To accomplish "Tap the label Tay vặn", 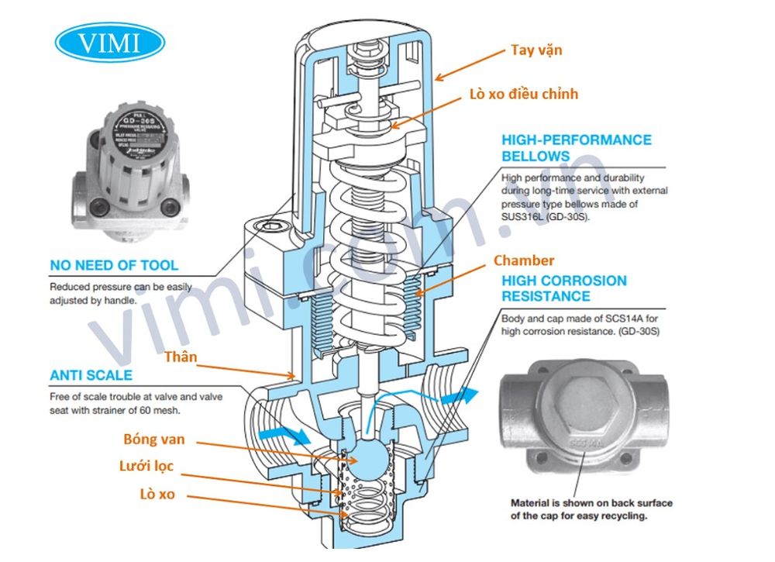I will pyautogui.click(x=536, y=50).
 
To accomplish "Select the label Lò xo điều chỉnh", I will pyautogui.click(x=523, y=95).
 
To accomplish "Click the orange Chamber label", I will pyautogui.click(x=524, y=260).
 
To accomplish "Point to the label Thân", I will pyautogui.click(x=181, y=357).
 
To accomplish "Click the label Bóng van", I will pyautogui.click(x=154, y=439).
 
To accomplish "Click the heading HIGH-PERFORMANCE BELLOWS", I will pyautogui.click(x=576, y=147).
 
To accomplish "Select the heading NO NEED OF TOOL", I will pyautogui.click(x=113, y=265).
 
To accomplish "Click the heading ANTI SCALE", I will pyautogui.click(x=91, y=376).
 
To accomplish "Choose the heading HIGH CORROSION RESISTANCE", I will pyautogui.click(x=563, y=288).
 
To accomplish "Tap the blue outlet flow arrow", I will pyautogui.click(x=460, y=394).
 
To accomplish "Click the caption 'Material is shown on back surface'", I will pyautogui.click(x=591, y=503).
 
